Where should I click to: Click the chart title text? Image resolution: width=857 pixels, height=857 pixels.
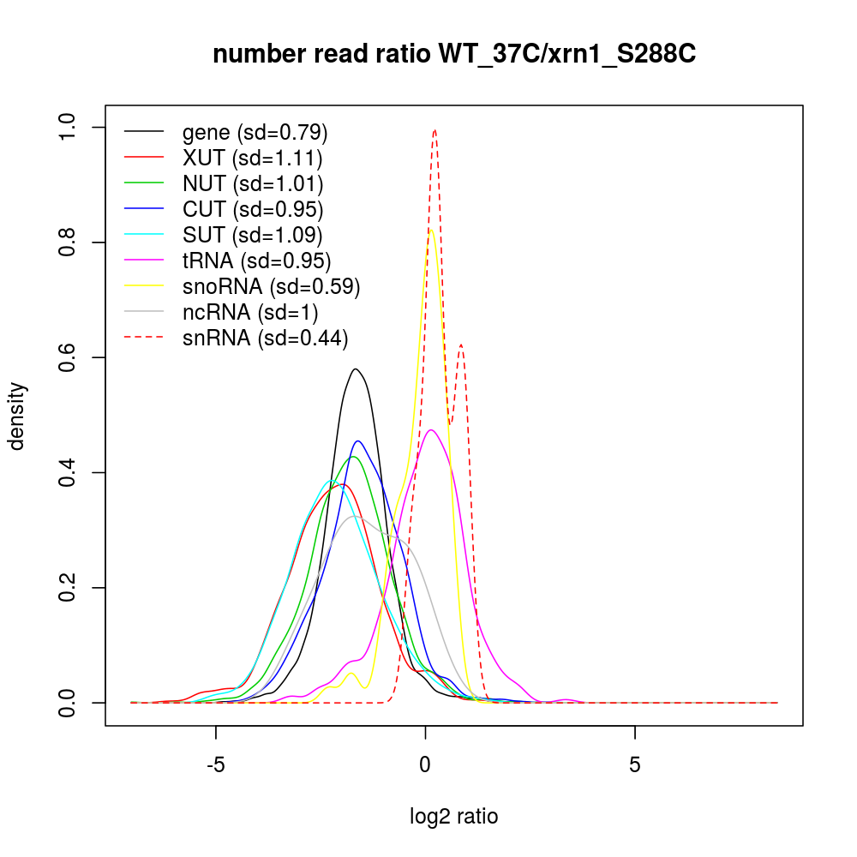[x=454, y=55]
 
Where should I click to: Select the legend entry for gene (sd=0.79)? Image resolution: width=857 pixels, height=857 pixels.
[x=255, y=132]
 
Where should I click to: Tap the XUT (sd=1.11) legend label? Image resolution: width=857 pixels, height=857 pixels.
[x=252, y=158]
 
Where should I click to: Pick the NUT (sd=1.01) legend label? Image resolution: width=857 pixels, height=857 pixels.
[x=253, y=183]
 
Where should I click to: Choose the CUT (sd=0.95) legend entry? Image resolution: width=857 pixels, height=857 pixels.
[x=253, y=208]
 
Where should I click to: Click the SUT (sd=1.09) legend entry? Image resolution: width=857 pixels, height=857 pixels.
[x=253, y=234]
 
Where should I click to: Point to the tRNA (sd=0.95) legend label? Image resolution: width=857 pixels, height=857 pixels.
[x=256, y=260]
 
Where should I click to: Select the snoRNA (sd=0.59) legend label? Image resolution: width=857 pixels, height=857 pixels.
[x=271, y=285]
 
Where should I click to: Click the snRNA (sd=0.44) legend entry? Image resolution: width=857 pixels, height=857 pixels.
[x=265, y=338]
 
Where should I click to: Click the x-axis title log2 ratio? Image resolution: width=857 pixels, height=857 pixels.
[x=454, y=817]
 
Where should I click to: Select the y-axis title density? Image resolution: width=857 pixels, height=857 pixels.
[x=18, y=416]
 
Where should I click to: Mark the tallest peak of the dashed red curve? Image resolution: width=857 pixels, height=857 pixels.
[x=435, y=130]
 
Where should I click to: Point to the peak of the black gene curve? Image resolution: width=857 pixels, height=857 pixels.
[x=355, y=369]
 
